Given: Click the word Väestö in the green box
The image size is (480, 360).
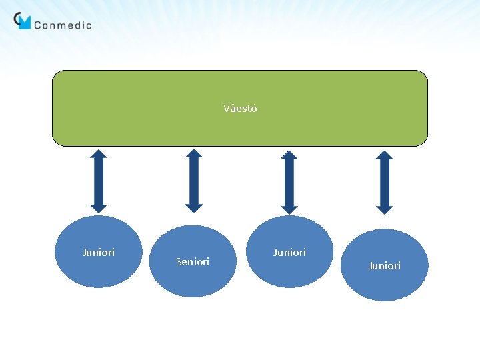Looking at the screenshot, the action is click(240, 109).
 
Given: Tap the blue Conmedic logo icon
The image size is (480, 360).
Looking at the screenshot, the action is click(23, 21).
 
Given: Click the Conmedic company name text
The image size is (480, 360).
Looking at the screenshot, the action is click(62, 25).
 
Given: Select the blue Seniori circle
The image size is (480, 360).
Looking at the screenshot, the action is click(193, 261).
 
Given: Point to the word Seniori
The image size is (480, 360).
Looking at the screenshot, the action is click(193, 262).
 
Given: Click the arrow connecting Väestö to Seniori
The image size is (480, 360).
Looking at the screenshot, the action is click(193, 181).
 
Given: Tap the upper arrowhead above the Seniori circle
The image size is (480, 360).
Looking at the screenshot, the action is click(193, 154).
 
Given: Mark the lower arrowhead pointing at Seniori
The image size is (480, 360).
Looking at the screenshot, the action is click(193, 207).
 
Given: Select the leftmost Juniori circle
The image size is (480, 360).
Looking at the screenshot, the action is click(98, 252).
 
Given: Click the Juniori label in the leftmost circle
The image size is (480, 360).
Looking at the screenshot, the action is click(98, 253).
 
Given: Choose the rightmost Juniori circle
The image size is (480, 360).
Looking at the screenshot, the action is click(385, 265).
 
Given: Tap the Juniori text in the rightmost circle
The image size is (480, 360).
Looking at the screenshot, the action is click(385, 266).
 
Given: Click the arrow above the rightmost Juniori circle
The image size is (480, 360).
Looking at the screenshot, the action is click(385, 182).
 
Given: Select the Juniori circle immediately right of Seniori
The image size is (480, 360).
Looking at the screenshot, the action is click(289, 252).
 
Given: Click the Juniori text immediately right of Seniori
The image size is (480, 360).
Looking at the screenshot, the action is click(289, 253).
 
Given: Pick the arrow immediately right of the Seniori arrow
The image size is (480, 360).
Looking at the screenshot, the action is click(289, 182).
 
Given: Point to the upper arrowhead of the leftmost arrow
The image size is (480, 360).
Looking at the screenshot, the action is click(99, 155).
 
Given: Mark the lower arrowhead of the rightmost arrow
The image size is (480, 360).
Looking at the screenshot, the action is click(385, 209).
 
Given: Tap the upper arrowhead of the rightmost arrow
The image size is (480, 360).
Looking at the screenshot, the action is click(385, 155).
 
